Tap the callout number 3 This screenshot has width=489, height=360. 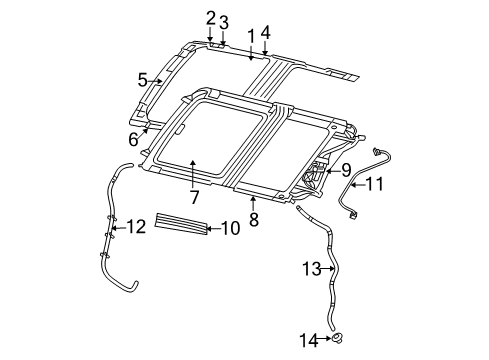(x=224, y=22)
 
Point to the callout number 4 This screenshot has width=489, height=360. (x=265, y=31)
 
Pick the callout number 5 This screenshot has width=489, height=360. (x=143, y=79)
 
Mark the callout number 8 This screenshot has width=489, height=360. (x=254, y=218)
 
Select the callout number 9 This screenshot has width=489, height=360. (x=346, y=170)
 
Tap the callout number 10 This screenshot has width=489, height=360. (x=231, y=229)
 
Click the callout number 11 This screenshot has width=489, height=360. (x=374, y=183)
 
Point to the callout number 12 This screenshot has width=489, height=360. (x=137, y=227)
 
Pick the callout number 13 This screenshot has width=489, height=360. (x=310, y=268)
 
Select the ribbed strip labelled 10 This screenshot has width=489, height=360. (x=180, y=223)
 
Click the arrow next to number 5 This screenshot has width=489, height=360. (x=158, y=81)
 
